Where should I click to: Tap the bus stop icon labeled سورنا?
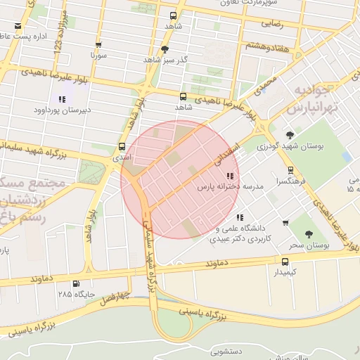coord(98,44)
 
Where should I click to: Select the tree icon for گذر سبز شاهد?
coord(165,49)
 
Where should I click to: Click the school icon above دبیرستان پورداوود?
coord(62,99)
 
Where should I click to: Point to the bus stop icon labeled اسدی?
coord(123,147)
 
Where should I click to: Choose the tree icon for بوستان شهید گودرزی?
coord(290,135)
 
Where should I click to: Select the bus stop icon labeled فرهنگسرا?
coord(290,170)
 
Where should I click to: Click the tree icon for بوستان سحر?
coord(309,234)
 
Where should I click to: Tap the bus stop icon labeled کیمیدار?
coord(284,261)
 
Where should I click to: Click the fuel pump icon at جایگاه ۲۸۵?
coord(76,284)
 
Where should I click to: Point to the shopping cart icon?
coord(285,223)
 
